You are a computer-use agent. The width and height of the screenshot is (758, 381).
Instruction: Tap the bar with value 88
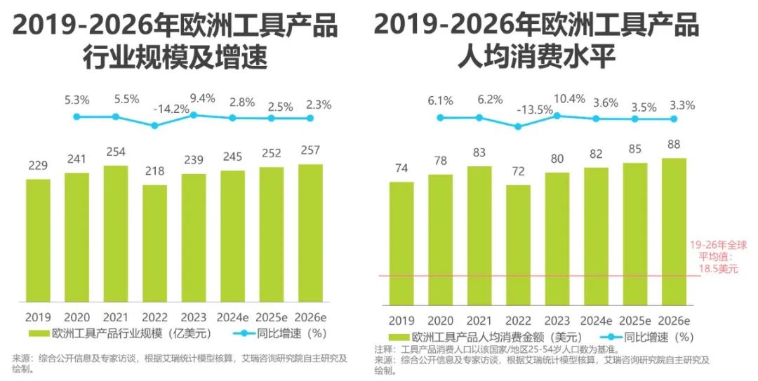point(674,232)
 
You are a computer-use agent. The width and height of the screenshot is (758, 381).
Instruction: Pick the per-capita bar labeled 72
point(518,245)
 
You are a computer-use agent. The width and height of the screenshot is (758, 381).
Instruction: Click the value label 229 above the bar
point(39,166)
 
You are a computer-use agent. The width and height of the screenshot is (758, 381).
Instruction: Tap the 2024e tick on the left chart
point(233,316)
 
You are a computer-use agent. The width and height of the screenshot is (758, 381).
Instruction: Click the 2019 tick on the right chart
point(401,319)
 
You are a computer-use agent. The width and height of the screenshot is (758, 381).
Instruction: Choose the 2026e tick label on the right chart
point(674,319)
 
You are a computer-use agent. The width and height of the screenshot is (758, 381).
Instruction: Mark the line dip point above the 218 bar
point(154,126)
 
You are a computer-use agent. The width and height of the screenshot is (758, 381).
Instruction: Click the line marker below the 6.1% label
point(440,118)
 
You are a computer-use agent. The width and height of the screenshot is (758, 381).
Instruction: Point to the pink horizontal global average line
point(533,276)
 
